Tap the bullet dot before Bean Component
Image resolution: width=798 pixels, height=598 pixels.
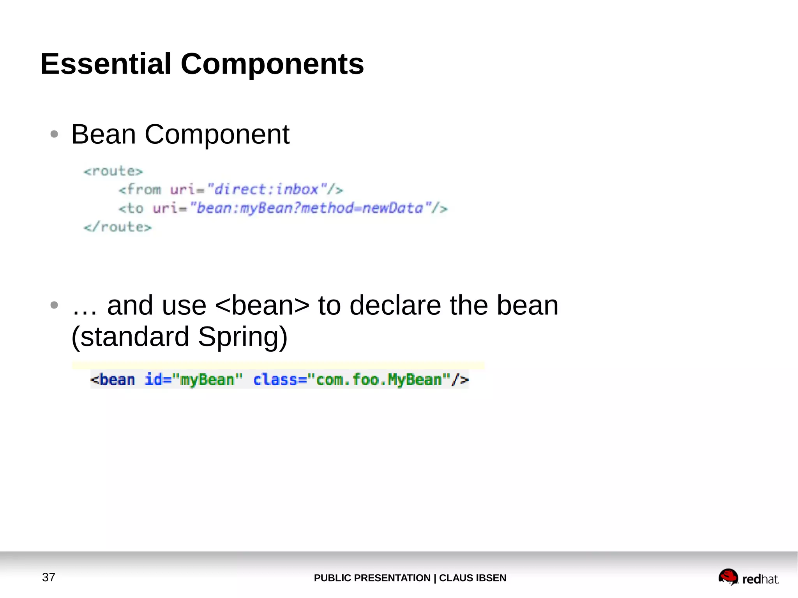54,134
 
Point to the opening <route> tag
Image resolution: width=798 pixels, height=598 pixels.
113,171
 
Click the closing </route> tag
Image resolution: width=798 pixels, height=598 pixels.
118,227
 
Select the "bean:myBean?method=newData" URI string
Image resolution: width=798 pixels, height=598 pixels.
310,208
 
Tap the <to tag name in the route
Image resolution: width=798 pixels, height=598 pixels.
131,208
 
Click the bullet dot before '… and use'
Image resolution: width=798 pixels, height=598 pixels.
54,305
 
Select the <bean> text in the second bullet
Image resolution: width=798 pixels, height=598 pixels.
262,305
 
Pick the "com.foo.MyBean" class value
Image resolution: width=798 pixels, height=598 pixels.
378,379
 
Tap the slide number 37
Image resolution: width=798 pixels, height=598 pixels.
49,577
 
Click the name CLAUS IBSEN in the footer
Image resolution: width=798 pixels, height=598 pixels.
473,578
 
